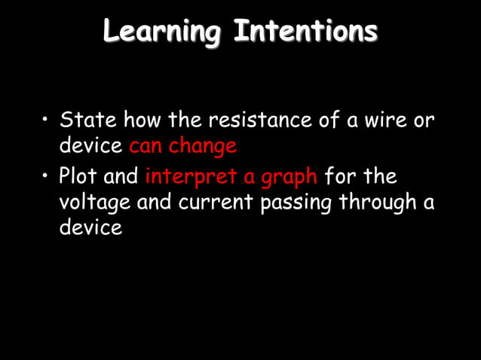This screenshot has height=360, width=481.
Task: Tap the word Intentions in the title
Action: coord(305,32)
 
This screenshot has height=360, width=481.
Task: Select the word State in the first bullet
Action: coord(87,120)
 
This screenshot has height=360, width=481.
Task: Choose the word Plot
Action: coord(78,178)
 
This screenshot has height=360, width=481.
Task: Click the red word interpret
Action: coord(196,178)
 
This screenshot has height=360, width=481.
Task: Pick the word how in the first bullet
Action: coord(139,120)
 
